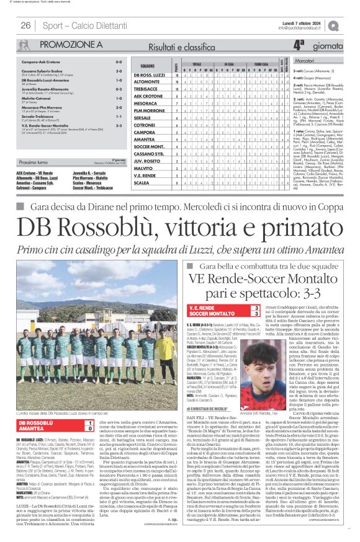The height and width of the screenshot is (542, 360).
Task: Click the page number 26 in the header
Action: (x=25, y=25)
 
